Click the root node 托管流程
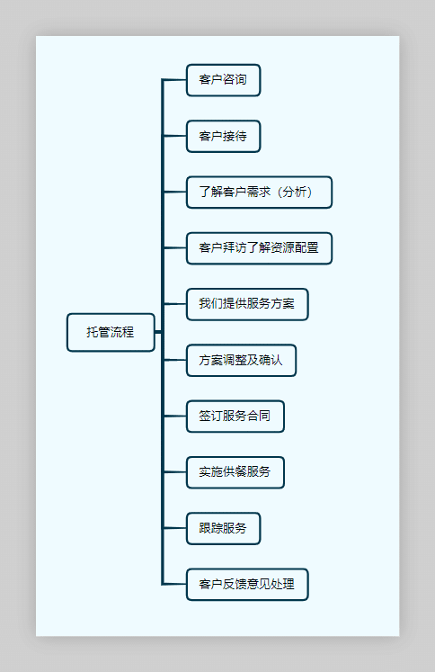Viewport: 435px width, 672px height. [x=111, y=332]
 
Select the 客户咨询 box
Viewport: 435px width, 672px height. [x=223, y=80]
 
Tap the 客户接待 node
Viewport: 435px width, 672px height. [x=223, y=137]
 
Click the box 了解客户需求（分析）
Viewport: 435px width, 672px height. [x=259, y=193]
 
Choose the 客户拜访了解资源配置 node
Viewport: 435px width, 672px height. [x=259, y=248]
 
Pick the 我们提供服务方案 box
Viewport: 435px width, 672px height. [x=247, y=304]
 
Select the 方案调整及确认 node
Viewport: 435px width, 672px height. [x=241, y=361]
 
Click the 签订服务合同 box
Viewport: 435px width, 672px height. [x=235, y=417]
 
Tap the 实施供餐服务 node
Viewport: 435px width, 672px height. [x=235, y=472]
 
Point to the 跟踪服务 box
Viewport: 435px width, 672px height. [x=223, y=528]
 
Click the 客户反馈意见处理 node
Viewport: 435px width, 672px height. [x=247, y=585]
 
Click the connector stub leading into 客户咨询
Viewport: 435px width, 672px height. [x=174, y=80]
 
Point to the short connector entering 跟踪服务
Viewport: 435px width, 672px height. [x=174, y=528]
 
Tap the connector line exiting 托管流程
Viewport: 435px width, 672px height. [x=158, y=332]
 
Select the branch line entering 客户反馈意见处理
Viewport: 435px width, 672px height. [x=174, y=585]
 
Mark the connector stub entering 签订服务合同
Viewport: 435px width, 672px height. [x=174, y=417]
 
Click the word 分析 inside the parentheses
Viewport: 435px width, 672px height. [x=294, y=193]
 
